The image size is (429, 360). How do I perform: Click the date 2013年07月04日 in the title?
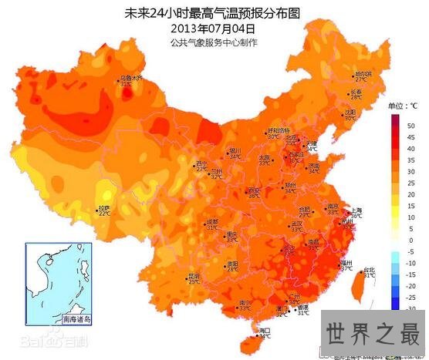(214, 29)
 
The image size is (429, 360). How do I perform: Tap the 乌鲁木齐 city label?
(130, 79)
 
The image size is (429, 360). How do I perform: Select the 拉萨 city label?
(103, 209)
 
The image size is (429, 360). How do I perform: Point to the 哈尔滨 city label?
(362, 74)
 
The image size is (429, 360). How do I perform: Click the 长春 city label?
(356, 93)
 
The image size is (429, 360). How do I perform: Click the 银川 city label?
(235, 150)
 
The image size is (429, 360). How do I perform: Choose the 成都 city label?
(211, 222)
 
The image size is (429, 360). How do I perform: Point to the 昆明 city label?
(194, 276)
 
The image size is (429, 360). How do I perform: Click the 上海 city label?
(356, 210)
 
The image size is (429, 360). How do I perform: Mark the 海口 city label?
(265, 330)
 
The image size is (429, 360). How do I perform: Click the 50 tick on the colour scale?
(411, 124)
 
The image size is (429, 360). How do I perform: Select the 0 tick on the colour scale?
(411, 239)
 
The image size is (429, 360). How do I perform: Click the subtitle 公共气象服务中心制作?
(214, 42)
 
